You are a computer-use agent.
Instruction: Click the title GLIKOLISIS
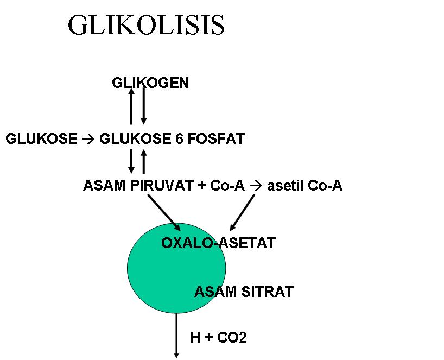click(147, 25)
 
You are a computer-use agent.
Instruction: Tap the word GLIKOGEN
click(150, 83)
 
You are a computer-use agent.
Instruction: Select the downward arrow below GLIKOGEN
click(144, 106)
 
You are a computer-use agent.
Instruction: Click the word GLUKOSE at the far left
click(41, 139)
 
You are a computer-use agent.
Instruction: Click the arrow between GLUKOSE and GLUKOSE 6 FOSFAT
click(88, 139)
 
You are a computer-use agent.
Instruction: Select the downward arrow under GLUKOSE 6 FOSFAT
click(131, 161)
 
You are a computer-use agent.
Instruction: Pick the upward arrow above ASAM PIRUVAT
click(144, 161)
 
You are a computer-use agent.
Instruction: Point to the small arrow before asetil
click(256, 186)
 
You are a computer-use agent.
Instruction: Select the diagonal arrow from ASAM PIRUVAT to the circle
click(164, 212)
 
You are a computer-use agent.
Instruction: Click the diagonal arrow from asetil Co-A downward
click(243, 212)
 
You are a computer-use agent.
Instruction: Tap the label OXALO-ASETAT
click(218, 243)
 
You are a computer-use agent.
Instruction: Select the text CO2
click(232, 338)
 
